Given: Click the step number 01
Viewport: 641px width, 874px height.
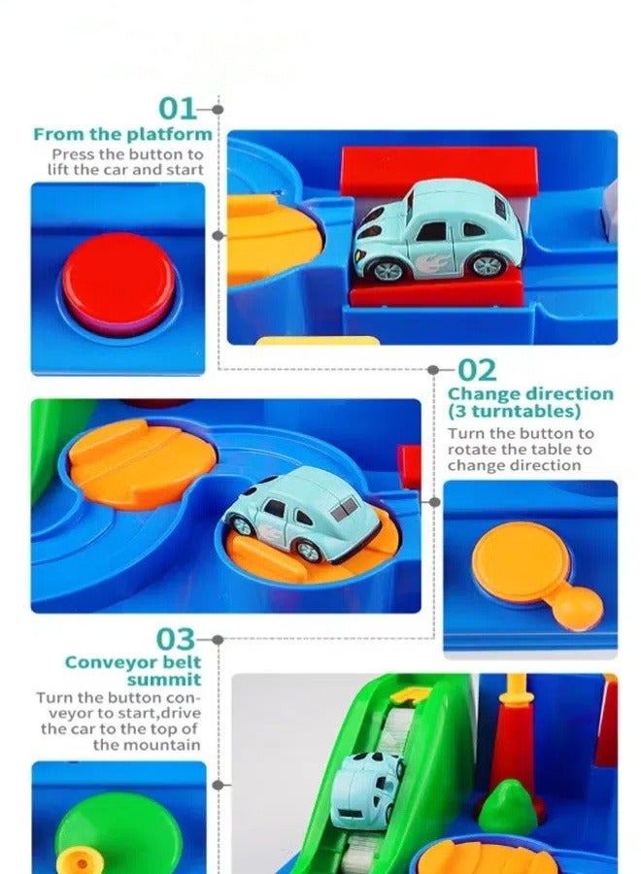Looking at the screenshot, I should click(177, 110).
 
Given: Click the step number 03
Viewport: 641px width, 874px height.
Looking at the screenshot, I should click(176, 640).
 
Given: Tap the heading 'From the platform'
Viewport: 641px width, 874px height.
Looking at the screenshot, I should click(122, 135).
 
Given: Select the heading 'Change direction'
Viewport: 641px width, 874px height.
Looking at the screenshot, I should click(530, 394).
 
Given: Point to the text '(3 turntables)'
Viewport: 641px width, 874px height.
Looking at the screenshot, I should click(514, 412).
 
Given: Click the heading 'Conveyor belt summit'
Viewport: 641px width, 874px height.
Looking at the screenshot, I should click(133, 671).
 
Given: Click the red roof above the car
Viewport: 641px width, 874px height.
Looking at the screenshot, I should click(438, 168).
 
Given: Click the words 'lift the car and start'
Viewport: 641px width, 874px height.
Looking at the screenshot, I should click(126, 170).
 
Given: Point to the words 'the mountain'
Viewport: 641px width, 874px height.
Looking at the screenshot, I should click(147, 745).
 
